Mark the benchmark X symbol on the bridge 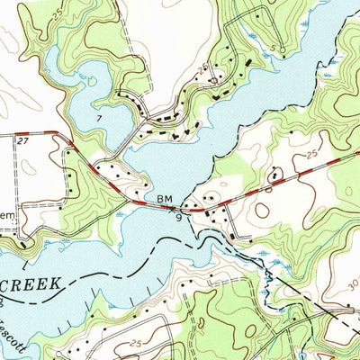(174, 208)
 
